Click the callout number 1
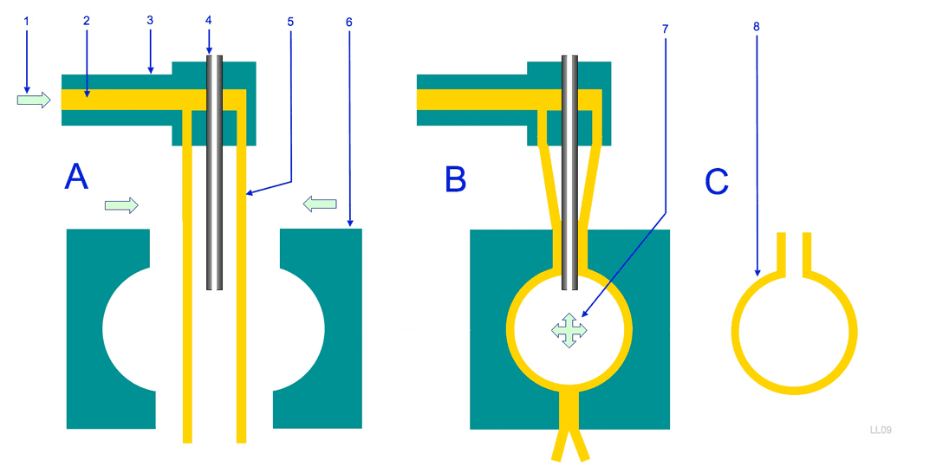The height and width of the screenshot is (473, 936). point(26,22)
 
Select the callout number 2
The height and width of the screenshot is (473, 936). point(87,21)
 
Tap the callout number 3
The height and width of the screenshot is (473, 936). point(150,20)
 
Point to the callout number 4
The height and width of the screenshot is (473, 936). point(208,20)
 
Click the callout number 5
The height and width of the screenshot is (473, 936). point(290,22)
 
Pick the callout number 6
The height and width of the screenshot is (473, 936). point(349,22)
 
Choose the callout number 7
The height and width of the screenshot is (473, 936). point(665,29)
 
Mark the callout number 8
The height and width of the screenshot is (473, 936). point(757,26)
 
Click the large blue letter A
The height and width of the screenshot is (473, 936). point(76,177)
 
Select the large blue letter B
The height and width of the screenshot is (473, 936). point(456,179)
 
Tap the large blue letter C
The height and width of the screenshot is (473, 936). point(717,181)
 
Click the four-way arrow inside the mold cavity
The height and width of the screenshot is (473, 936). point(569,330)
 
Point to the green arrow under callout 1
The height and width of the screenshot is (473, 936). point(34,100)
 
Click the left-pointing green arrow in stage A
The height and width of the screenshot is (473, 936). point(320,204)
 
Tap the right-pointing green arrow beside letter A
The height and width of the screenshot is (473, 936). point(122,206)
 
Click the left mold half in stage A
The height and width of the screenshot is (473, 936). point(111,328)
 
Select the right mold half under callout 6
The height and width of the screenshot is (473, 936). point(317,328)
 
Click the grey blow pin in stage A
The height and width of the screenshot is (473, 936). point(215,173)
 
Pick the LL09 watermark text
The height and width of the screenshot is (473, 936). point(881,430)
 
